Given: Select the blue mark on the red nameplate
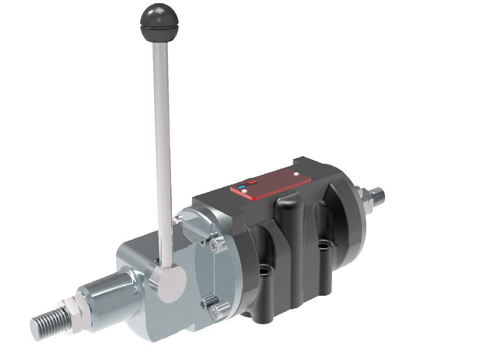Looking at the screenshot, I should pos(241,187).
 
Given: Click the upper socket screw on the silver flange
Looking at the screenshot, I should pos(215,246).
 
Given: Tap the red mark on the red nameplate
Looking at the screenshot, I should pos(249,185).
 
